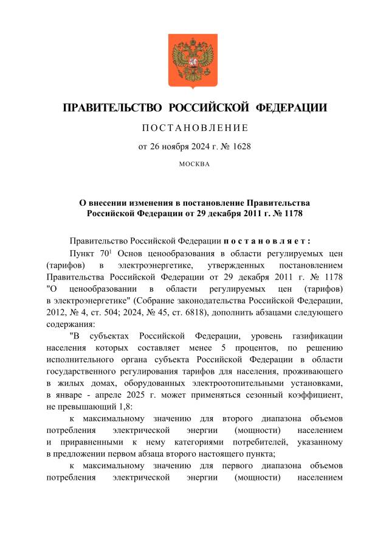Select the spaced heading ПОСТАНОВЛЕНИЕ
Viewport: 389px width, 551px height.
[x=194, y=128]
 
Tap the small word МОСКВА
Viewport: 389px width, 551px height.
[x=194, y=164]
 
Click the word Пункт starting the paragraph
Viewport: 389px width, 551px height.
[x=83, y=254]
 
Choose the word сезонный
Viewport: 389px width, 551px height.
[x=263, y=393]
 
